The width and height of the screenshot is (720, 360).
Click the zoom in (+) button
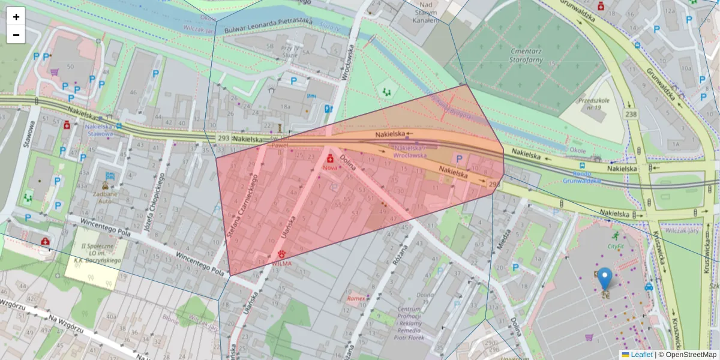pos(16,17)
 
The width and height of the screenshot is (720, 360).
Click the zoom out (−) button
pos(16,35)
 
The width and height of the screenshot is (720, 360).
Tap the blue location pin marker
pos(605,279)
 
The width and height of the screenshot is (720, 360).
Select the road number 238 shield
pos(631,113)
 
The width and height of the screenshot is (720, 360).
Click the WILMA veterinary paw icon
pos(281,254)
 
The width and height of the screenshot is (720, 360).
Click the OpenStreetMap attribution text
pos(690,355)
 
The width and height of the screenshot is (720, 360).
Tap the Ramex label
pos(355,298)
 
